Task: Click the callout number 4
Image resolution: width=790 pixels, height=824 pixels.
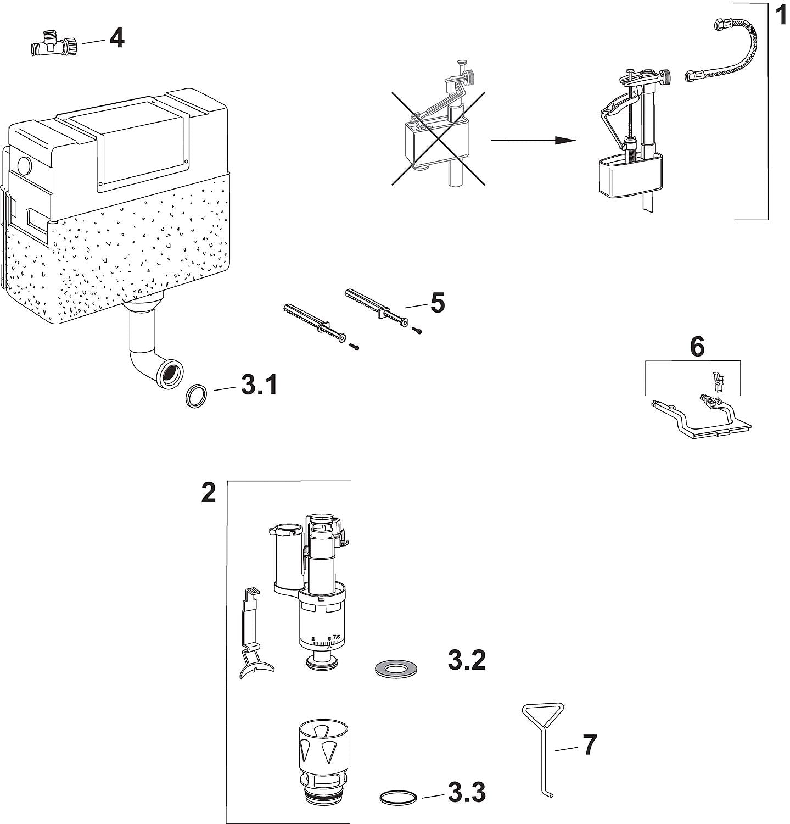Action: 116,38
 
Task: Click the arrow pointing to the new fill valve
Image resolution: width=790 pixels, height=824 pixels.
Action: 533,140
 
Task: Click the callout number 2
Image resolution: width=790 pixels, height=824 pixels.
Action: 209,493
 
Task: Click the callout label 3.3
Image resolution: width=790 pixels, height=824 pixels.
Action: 467,793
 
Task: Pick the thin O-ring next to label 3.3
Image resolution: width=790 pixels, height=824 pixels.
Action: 398,797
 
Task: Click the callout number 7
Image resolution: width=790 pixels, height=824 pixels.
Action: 589,745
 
